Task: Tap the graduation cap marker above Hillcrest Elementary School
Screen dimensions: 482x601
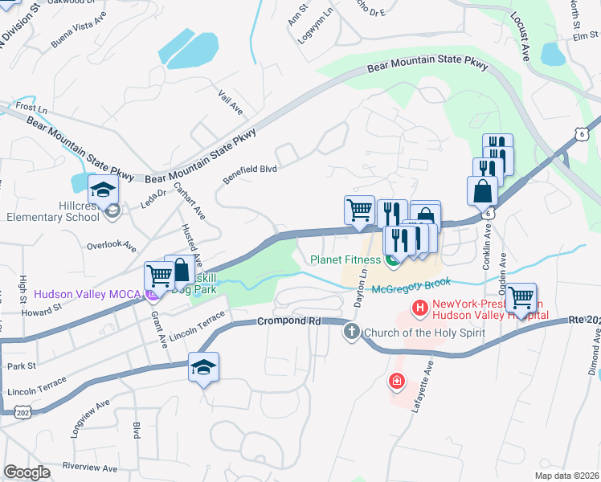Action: click(x=104, y=191)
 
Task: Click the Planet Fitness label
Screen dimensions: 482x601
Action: click(x=345, y=259)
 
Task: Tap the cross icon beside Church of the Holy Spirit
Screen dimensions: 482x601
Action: click(x=351, y=332)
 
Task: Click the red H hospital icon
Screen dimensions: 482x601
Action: click(x=419, y=308)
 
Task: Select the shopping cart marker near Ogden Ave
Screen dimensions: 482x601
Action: click(x=521, y=297)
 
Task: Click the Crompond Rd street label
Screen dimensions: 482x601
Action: click(x=289, y=321)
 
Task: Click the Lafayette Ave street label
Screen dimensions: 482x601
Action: click(x=423, y=386)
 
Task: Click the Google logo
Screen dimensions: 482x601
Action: click(x=27, y=472)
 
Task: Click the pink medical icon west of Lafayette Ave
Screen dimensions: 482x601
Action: click(x=395, y=381)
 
